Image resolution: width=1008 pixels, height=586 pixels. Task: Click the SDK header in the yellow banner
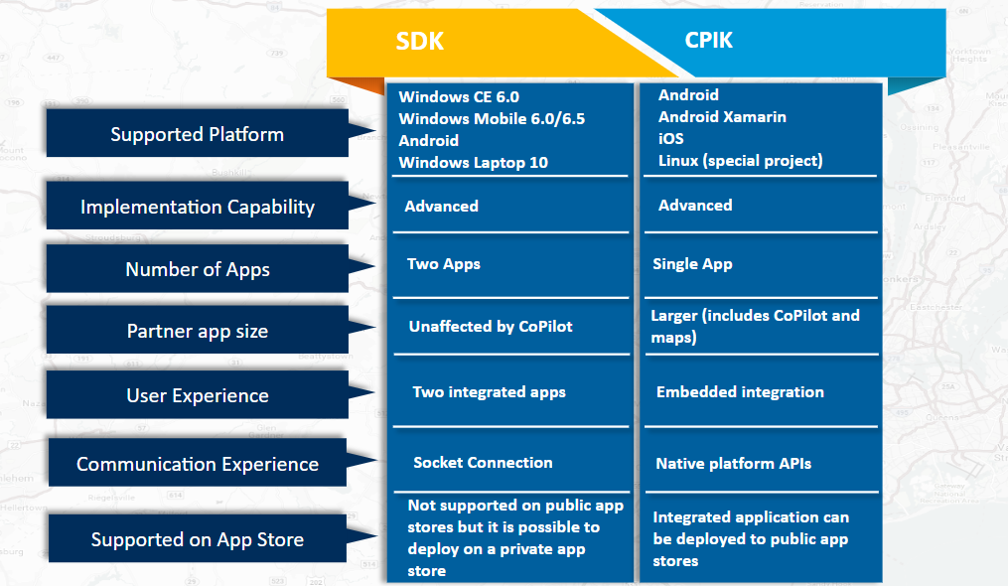coord(419,41)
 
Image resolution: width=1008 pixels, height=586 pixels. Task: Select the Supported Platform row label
coord(197,134)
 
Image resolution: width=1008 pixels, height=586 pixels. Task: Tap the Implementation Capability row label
coord(197,207)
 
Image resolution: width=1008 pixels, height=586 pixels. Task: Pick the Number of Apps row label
coord(197,269)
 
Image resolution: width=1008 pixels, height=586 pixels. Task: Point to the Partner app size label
coord(197,331)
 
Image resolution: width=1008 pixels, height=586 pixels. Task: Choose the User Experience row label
coord(197,395)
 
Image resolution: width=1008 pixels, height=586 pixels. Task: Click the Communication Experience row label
coord(197,464)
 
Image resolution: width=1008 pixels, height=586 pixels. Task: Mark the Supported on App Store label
coord(197,539)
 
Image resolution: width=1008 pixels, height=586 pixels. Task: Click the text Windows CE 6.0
coord(459,97)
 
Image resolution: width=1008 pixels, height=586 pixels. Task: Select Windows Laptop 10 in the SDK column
coord(473,163)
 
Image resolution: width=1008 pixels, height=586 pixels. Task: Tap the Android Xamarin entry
coord(722,117)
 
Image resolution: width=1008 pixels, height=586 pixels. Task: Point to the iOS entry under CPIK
coord(671,139)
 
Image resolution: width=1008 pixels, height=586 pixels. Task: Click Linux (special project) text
coord(740,161)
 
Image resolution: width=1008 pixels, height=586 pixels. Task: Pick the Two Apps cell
coord(443,264)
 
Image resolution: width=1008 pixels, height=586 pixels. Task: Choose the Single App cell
coord(692,264)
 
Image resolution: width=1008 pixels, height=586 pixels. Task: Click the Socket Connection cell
coord(483,462)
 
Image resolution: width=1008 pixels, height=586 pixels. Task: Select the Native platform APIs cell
coord(733,463)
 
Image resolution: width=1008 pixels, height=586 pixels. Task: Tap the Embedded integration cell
coord(740,392)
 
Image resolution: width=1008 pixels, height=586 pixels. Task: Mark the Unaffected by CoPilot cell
coord(491,326)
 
